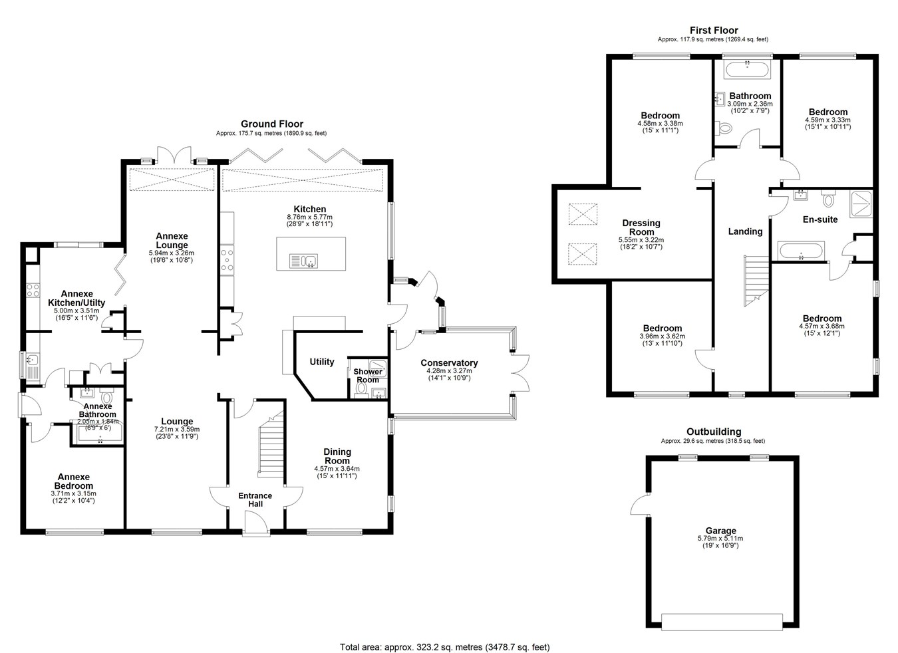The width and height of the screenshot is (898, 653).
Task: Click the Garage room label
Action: [720, 531]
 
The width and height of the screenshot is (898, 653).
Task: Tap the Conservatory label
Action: [449, 363]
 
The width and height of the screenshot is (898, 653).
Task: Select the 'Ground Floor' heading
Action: [272, 124]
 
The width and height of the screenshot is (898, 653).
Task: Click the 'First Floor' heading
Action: [714, 30]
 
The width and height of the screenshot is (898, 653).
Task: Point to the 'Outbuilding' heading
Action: [714, 432]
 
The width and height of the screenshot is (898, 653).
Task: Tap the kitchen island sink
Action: [303, 261]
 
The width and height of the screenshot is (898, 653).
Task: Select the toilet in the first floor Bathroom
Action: [724, 128]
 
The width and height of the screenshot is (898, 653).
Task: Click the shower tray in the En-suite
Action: [861, 204]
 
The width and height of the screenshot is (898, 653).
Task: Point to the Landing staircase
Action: [756, 281]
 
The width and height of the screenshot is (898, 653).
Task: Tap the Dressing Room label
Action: [641, 227]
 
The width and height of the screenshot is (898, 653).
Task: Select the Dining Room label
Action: [337, 456]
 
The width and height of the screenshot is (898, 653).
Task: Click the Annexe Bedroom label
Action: [74, 481]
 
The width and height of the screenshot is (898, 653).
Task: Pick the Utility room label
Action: [321, 362]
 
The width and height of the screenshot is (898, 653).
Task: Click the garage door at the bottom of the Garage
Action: [722, 622]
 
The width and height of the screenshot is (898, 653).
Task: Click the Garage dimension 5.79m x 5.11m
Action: [720, 539]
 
